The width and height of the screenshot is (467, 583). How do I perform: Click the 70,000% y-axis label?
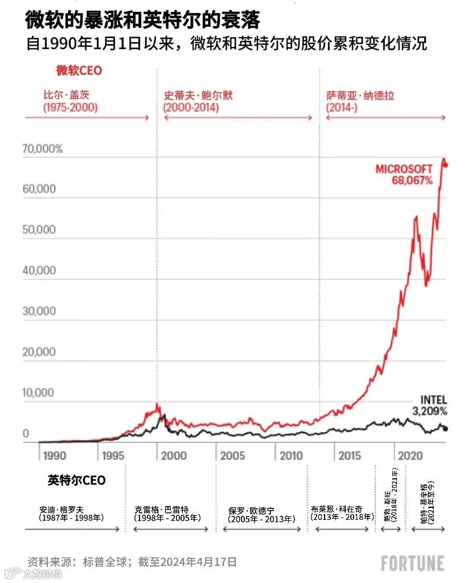(43, 149)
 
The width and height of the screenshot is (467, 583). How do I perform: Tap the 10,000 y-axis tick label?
(39, 393)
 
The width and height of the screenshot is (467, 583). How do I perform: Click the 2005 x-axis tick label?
(232, 455)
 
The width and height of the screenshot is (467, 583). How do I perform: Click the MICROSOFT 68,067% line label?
(404, 174)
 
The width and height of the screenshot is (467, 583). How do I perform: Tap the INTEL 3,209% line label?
(429, 405)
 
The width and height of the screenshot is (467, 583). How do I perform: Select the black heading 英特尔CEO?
(76, 481)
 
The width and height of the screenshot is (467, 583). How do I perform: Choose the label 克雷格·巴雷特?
(161, 509)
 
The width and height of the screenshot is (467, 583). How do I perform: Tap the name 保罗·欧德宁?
(251, 510)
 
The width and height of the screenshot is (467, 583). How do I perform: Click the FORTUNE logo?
(412, 563)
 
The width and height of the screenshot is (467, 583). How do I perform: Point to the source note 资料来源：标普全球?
(79, 562)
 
